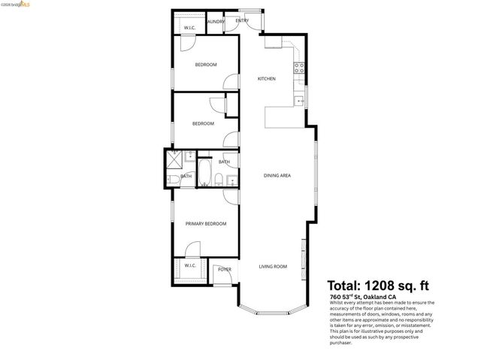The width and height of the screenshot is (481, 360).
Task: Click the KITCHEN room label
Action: [267, 79]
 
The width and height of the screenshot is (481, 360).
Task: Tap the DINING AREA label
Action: [277, 176]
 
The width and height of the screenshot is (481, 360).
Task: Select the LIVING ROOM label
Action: [273, 267]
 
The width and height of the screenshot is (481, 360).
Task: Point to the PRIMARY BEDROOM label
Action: [206, 223]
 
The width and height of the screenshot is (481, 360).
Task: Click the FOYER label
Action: [224, 269]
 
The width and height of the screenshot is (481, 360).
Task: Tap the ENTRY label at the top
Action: [242, 20]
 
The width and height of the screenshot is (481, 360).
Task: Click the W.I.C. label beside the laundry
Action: [190, 28]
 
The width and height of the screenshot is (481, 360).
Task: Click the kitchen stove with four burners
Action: [298, 67]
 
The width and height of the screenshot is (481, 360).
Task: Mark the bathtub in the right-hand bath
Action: [204, 171]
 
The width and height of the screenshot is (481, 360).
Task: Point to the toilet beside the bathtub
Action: [217, 179]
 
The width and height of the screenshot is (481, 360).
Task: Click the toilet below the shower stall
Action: [172, 180]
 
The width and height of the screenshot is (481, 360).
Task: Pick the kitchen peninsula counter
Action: [284, 116]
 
